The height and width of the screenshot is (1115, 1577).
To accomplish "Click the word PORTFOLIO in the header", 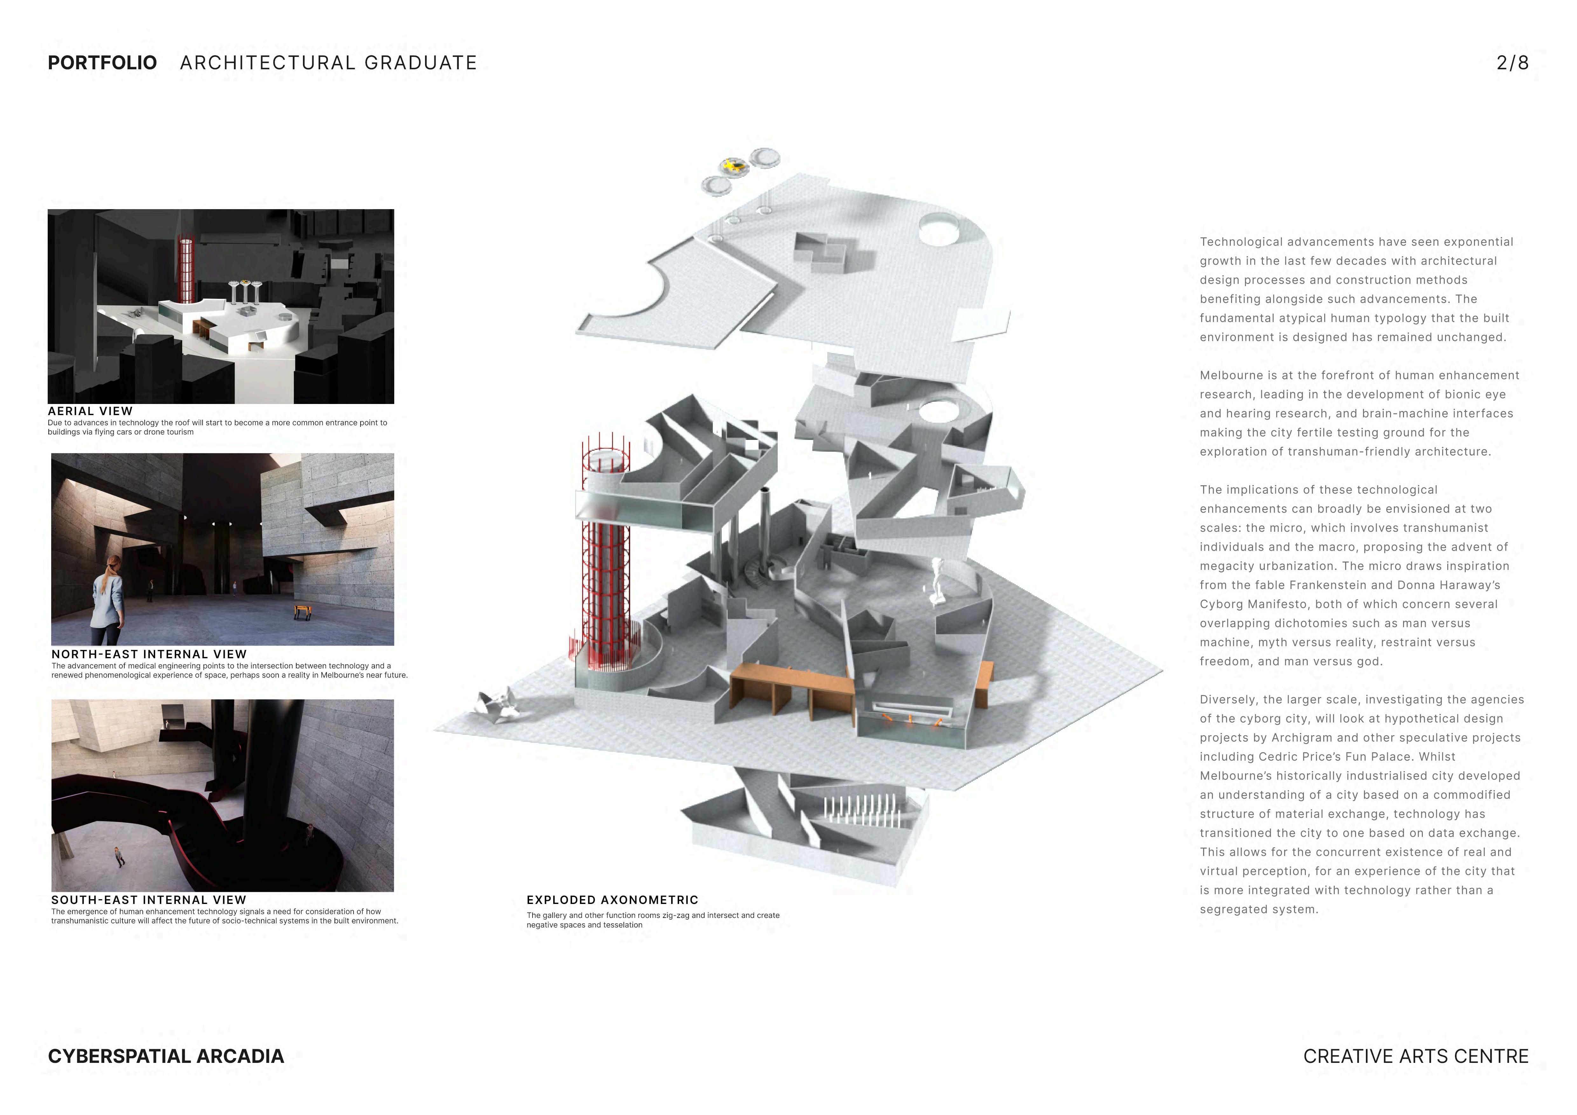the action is click(102, 63).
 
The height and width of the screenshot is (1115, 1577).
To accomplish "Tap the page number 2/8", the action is click(1512, 63).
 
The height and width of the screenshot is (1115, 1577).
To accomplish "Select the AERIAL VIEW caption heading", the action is click(90, 411).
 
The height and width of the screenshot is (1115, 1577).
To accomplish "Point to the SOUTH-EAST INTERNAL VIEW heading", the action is click(148, 900).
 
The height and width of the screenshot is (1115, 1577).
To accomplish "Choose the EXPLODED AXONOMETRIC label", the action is click(612, 900).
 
